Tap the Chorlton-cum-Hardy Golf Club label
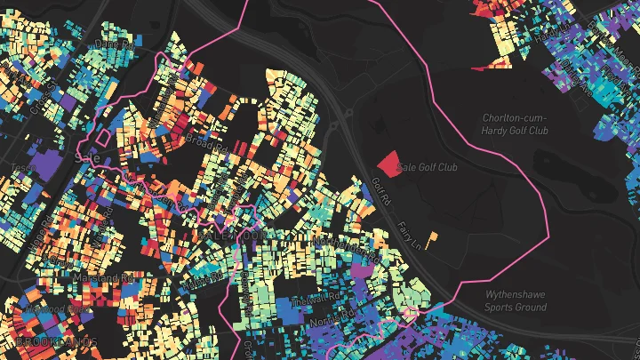516,124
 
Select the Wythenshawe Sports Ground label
516,300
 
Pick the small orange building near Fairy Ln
433,236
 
